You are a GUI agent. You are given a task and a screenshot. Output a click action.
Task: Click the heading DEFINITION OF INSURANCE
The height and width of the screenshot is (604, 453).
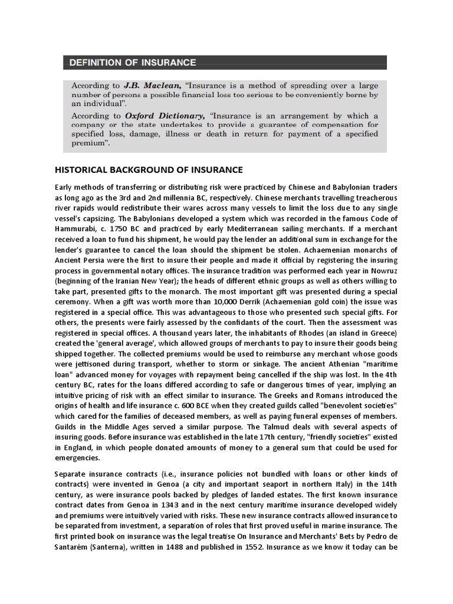tap(133, 63)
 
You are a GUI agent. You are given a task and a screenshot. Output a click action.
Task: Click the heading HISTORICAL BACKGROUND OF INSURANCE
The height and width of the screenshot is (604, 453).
tap(149, 170)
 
